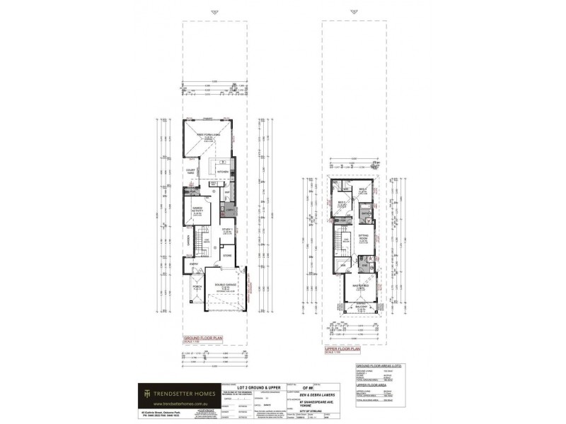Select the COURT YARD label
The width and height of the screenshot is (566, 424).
[191, 172]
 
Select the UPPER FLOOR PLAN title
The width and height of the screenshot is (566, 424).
[344, 349]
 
